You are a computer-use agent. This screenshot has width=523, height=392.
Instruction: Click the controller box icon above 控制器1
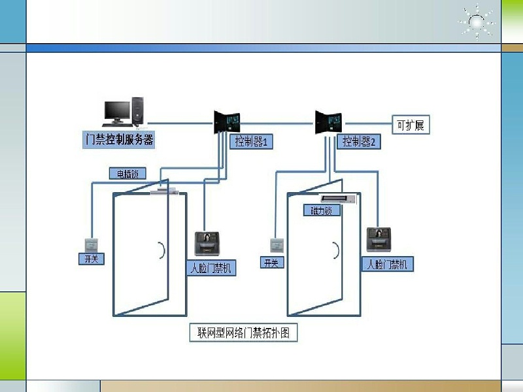[x=227, y=121]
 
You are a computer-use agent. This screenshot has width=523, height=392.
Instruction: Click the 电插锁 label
[x=127, y=174]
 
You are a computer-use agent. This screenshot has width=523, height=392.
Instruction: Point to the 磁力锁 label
[x=321, y=210]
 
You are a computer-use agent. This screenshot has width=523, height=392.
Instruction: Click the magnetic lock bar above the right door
[x=337, y=197]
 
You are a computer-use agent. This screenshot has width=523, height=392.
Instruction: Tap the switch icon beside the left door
[x=90, y=244]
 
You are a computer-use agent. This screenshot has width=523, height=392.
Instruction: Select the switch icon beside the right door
[x=276, y=246]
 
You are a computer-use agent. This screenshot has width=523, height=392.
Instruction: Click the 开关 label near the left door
[x=91, y=259]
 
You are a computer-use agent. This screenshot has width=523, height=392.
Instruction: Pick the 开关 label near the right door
[x=270, y=263]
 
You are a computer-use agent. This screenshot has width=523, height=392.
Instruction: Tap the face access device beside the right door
[x=380, y=238]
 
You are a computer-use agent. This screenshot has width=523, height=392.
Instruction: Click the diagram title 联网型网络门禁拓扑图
[x=243, y=333]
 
